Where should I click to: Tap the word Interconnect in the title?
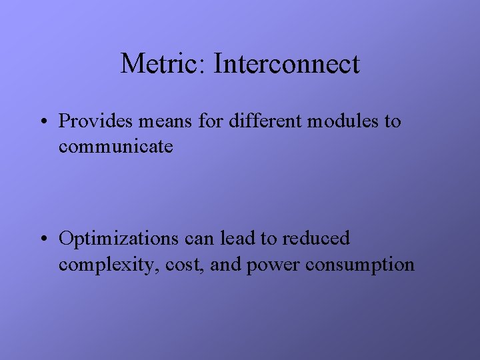click(x=287, y=64)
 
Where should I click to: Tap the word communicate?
click(x=116, y=147)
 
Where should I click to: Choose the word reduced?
click(x=317, y=238)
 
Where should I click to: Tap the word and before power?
click(x=227, y=265)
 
